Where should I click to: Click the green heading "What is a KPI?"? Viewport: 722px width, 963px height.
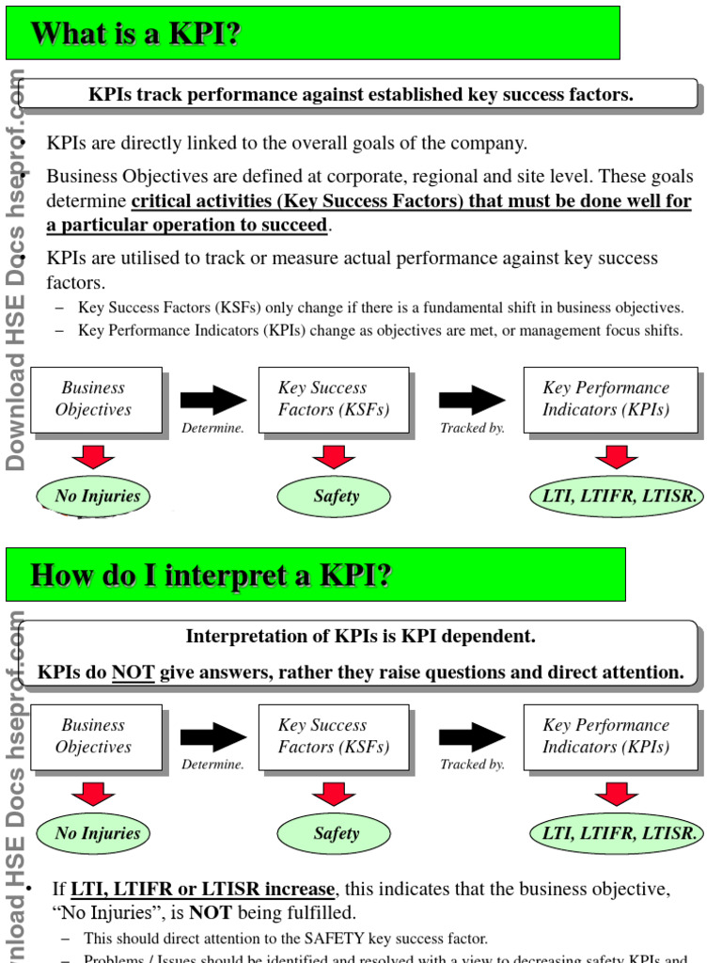136,34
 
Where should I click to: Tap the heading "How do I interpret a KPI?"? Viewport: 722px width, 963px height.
211,575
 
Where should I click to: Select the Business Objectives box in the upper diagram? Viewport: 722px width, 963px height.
94,399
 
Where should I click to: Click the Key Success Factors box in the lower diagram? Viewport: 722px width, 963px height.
333,736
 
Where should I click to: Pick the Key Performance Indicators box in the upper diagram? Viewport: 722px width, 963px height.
608,399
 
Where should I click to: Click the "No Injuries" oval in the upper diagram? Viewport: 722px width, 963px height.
93,497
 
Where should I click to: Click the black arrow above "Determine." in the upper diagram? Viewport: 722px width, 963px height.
213,401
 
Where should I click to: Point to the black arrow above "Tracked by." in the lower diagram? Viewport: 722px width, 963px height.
473,737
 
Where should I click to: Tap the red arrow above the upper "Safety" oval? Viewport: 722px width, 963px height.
334,457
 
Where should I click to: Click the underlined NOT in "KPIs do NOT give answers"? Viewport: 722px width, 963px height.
133,672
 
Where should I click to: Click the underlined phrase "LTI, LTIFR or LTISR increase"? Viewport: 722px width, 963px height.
202,890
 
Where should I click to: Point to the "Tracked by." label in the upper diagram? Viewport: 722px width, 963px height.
472,428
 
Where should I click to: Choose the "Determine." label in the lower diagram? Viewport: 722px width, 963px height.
213,765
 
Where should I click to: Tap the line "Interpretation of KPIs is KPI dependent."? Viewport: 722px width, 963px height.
360,637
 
